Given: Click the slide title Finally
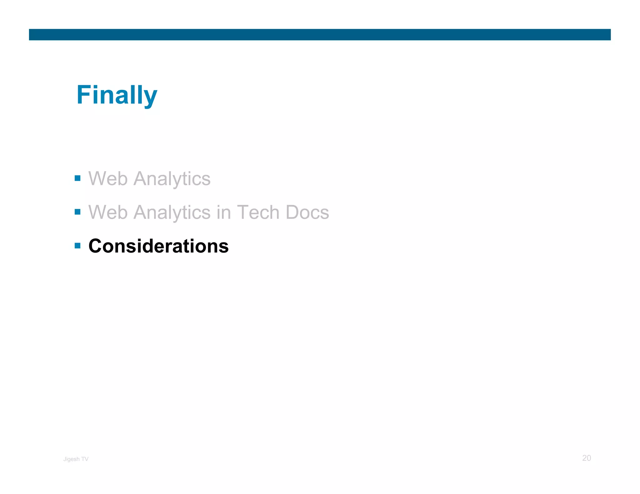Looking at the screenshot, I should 117,95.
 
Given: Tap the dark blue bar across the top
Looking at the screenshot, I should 320,35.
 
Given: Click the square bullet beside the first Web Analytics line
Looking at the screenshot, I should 78,178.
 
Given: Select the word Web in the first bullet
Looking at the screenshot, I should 108,179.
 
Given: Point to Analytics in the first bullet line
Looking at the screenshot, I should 172,179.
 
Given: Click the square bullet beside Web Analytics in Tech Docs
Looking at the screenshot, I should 78,212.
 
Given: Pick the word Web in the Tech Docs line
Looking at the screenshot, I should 108,212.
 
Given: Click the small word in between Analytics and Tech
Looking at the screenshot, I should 224,212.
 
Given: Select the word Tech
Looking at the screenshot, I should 258,212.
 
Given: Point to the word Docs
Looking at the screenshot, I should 307,212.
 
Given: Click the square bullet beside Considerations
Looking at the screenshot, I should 78,246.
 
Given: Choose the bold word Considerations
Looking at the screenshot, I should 158,246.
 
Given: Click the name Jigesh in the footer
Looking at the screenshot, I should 72,459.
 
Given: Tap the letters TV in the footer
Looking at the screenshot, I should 85,459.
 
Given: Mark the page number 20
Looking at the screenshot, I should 587,458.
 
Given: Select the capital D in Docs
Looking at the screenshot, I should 292,212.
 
